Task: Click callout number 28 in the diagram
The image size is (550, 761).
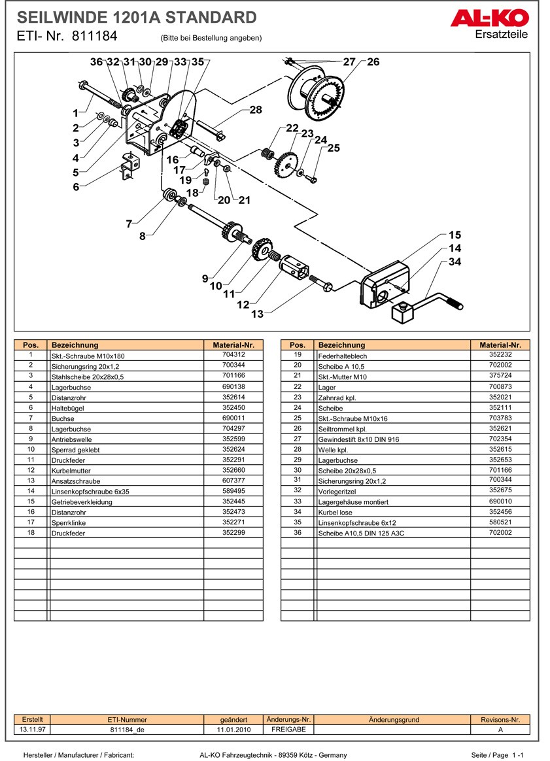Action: (x=255, y=110)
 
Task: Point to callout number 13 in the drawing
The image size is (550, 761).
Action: (x=257, y=314)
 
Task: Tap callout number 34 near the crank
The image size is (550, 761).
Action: (x=455, y=262)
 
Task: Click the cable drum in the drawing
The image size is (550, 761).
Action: (x=317, y=95)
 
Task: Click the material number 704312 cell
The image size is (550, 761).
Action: (x=233, y=355)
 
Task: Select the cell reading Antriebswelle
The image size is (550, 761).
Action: (x=72, y=439)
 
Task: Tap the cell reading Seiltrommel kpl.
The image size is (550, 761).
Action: (x=339, y=429)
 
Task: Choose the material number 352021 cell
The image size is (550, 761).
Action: (x=500, y=397)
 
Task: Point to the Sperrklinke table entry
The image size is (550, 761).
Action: (x=69, y=523)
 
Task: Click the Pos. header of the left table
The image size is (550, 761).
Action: (x=31, y=345)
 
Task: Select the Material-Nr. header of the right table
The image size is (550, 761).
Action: (x=500, y=345)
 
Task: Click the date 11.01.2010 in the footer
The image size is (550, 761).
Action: (x=234, y=730)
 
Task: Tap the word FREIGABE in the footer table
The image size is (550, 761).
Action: (x=289, y=729)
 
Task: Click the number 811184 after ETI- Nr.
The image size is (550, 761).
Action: (x=94, y=37)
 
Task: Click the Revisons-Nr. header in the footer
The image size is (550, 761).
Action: (x=500, y=720)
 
